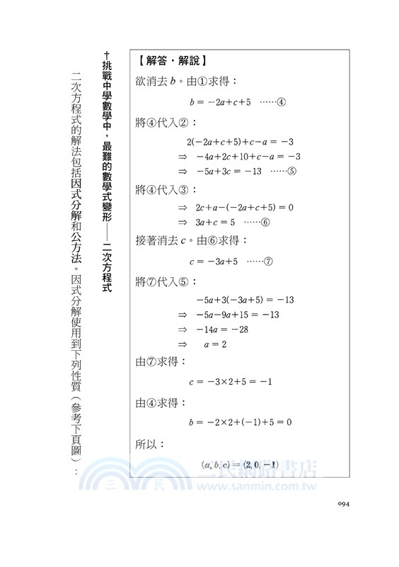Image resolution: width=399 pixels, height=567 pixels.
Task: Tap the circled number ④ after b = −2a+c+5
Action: [280, 101]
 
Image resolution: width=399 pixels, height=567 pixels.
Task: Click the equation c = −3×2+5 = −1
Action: [231, 382]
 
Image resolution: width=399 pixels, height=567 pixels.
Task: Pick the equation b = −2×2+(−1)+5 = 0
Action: [239, 422]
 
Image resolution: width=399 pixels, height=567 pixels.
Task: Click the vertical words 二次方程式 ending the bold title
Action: [107, 268]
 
